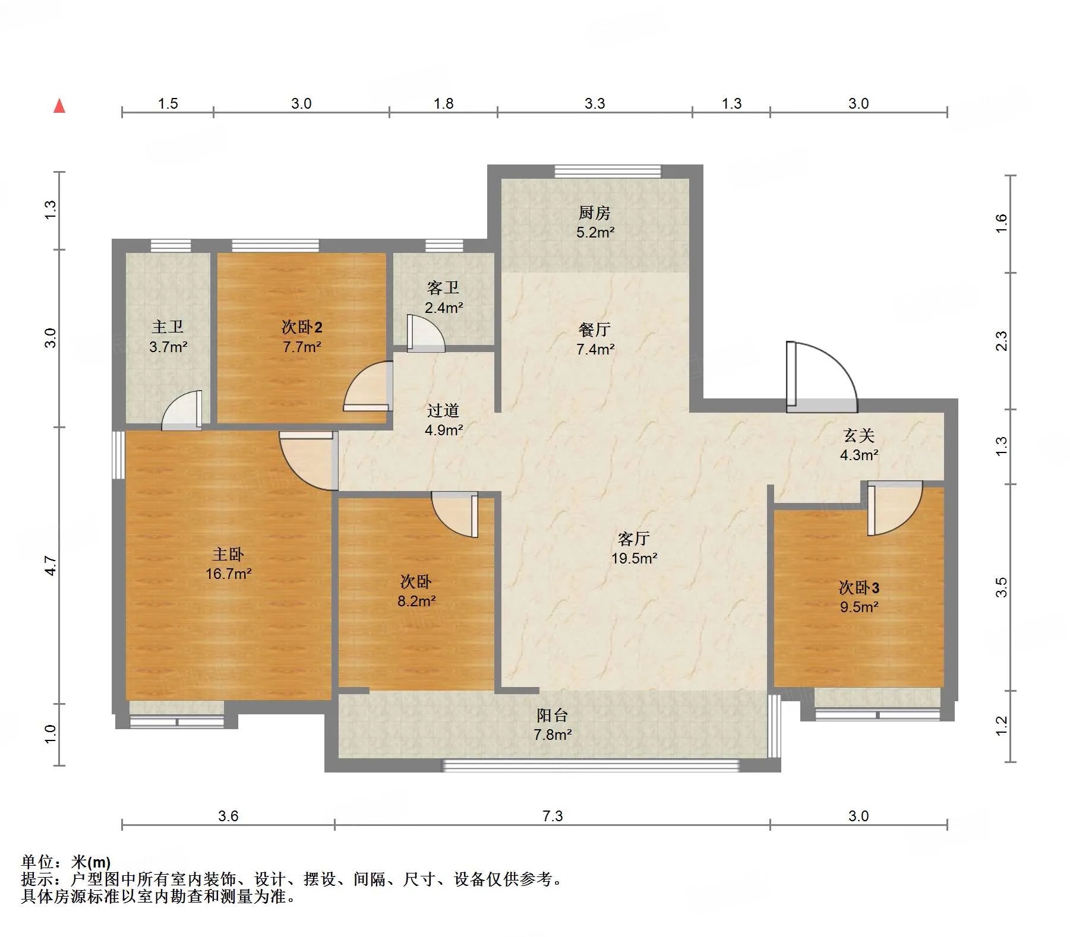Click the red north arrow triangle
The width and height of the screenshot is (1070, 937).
pos(59,106)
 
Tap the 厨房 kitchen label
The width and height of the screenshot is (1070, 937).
pos(594,213)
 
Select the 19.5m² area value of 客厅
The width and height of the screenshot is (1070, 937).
pos(634,558)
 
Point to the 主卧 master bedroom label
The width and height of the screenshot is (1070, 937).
pos(228,554)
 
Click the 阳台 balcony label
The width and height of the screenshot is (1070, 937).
pos(553,715)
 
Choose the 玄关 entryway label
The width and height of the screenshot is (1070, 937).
pos(859,436)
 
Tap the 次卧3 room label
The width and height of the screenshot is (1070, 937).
pos(859,587)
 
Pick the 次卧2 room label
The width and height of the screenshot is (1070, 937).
pos(302,327)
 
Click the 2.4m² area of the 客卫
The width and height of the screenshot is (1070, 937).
pos(444,308)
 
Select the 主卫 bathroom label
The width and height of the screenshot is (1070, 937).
pos(168,327)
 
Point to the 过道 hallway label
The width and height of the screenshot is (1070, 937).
pos(443,410)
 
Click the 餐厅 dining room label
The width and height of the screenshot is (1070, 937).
pos(594,330)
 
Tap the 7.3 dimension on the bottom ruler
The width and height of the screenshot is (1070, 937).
pos(553,816)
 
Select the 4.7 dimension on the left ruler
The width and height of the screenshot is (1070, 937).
pos(51,565)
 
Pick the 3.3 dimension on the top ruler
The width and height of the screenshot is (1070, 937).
pos(595,104)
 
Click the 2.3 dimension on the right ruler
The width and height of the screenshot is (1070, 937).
pos(1002,341)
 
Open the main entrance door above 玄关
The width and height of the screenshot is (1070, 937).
pos(822,377)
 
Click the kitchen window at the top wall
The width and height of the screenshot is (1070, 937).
pos(608,171)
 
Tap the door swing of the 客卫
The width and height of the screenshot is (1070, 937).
pos(425,333)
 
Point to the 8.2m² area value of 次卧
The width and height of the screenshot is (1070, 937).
pos(417,601)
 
